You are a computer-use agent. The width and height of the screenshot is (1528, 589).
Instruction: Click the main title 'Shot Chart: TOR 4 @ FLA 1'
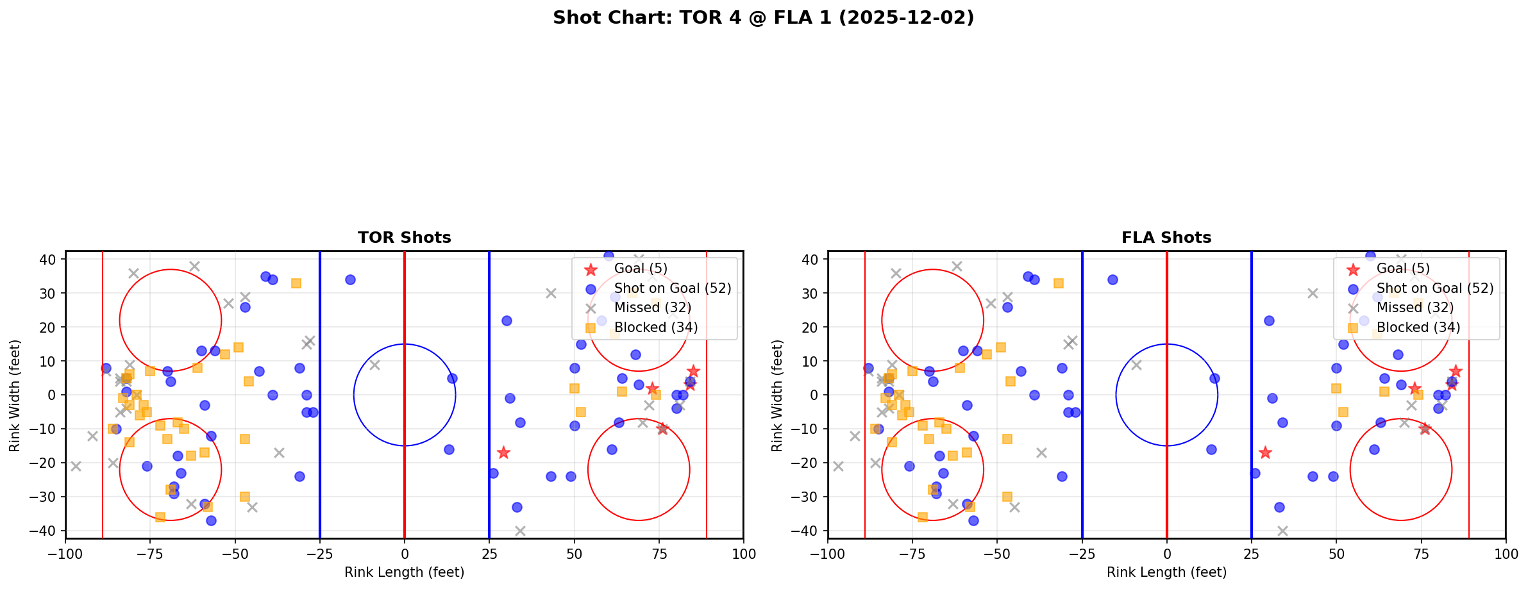point(763,17)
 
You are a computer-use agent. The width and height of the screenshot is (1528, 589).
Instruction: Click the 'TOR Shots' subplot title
point(404,238)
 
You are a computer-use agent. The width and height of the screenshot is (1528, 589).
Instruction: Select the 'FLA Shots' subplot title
point(1166,238)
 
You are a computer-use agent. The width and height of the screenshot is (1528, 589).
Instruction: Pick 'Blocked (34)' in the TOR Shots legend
point(655,328)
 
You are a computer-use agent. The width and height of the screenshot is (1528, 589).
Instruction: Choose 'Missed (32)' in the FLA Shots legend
point(1415,308)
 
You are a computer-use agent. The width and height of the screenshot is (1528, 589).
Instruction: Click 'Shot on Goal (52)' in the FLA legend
point(1435,288)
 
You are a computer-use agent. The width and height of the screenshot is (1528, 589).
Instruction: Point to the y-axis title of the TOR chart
point(15,395)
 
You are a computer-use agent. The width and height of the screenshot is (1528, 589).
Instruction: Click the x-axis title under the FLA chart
point(1166,572)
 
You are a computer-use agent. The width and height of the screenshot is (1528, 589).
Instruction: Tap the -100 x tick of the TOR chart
point(65,553)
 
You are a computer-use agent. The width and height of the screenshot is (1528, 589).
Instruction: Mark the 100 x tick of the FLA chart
point(1505,553)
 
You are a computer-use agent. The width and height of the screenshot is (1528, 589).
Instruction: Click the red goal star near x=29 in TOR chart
point(503,452)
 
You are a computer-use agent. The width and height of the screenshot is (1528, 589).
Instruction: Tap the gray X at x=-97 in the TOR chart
point(76,466)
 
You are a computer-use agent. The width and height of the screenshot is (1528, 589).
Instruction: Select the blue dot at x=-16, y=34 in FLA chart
point(1112,279)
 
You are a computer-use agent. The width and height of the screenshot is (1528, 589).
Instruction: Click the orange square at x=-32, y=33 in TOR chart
point(296,283)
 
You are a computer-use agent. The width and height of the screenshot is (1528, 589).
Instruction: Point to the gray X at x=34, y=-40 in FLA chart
point(1282,531)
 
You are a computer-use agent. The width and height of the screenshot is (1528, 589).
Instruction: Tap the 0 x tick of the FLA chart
point(1166,553)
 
